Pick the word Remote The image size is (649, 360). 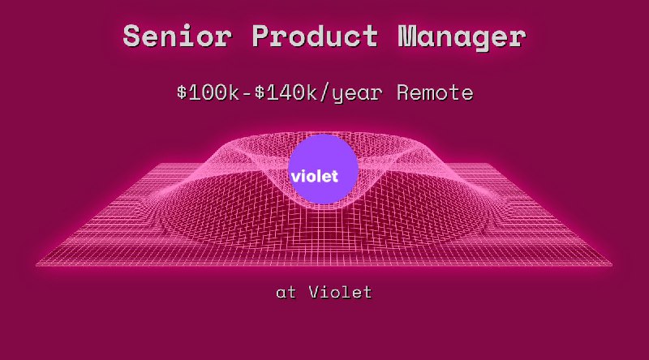(x=435, y=92)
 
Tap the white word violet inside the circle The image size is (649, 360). (x=313, y=174)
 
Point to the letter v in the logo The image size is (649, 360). (x=295, y=176)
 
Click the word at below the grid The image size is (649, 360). (x=286, y=293)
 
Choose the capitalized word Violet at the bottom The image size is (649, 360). (x=340, y=292)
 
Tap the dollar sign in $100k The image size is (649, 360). (x=182, y=92)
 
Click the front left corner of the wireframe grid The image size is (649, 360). (x=38, y=264)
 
